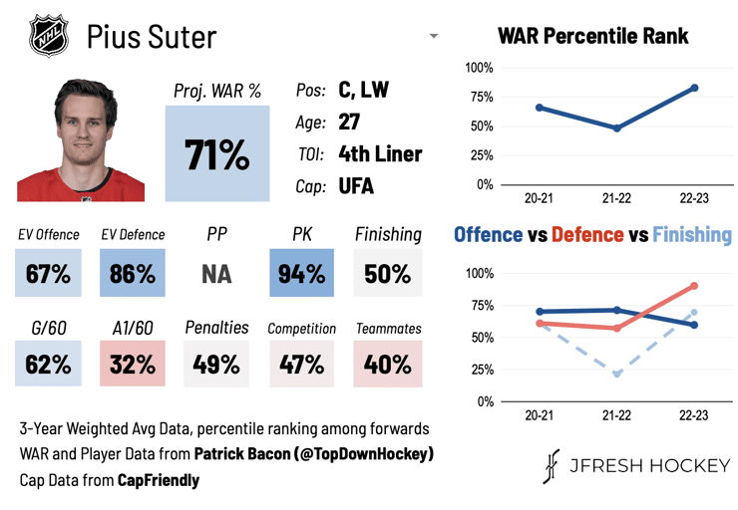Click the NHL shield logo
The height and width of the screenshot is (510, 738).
click(x=49, y=35)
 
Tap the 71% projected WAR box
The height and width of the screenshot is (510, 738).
click(x=217, y=153)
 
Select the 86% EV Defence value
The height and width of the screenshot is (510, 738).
click(x=133, y=273)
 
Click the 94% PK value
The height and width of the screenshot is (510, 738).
click(x=302, y=273)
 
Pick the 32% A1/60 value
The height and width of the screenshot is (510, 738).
click(x=133, y=364)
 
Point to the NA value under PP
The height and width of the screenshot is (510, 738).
click(x=216, y=274)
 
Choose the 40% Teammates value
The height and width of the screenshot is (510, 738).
click(x=388, y=364)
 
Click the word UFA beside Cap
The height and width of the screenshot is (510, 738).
click(x=356, y=186)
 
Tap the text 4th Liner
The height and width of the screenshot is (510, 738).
click(x=380, y=153)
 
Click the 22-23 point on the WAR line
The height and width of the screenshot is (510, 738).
click(x=695, y=88)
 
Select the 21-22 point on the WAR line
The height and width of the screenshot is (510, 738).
click(x=617, y=127)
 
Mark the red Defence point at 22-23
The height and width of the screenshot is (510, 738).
click(x=694, y=286)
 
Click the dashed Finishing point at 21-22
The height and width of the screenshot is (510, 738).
click(x=617, y=374)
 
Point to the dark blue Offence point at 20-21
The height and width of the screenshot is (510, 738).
click(x=540, y=312)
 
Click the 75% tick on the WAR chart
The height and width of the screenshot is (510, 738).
click(x=481, y=98)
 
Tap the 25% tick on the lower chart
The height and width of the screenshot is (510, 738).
click(x=483, y=370)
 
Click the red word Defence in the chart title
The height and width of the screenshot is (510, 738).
click(x=587, y=234)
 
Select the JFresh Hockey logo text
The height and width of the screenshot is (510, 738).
click(x=636, y=466)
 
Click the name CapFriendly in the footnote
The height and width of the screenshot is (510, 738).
click(x=159, y=480)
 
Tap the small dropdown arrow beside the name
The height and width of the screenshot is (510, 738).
click(x=434, y=36)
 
